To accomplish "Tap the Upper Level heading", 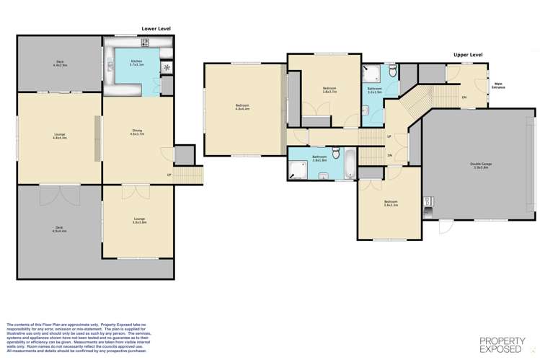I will [x=467, y=55].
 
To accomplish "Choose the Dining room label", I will [x=137, y=131].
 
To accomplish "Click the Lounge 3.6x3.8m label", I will [x=140, y=219].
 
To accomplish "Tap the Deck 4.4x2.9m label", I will [x=60, y=63].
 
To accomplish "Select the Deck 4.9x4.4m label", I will [x=60, y=229].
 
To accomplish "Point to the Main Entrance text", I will [x=498, y=86].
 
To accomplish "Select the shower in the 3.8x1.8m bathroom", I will [x=297, y=170].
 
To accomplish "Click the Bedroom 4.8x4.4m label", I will [x=242, y=107].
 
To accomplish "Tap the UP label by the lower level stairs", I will [x=169, y=175].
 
